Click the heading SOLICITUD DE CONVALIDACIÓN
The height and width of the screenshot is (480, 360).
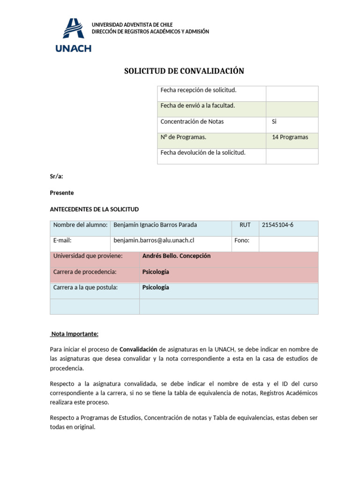coord(184,71)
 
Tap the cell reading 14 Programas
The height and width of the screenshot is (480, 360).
coord(290,137)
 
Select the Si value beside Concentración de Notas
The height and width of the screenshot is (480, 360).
coord(275,121)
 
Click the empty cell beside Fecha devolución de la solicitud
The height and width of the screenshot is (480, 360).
coord(292,156)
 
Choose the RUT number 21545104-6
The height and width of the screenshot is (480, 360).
coord(277,225)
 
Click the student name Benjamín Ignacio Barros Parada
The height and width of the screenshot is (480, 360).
coord(155,225)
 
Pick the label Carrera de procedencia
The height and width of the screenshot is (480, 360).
coord(85,272)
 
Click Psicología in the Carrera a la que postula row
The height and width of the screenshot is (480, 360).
coord(156,288)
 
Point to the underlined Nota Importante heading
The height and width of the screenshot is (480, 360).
coord(75,334)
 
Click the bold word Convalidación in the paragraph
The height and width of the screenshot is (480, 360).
coord(138,350)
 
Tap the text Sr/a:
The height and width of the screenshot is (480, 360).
coord(56,176)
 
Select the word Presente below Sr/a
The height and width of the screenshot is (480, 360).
coord(61,193)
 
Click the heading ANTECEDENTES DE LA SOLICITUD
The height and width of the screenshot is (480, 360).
coord(94,209)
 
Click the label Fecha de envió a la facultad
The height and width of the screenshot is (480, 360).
coord(197,105)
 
